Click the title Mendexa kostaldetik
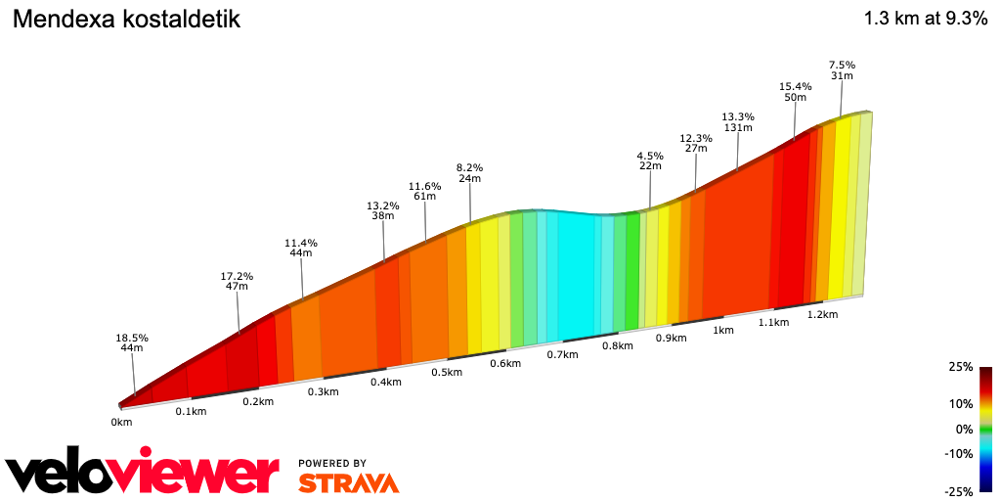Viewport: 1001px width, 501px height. pyautogui.click(x=126, y=20)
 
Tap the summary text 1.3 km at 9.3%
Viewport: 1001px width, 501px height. pyautogui.click(x=925, y=19)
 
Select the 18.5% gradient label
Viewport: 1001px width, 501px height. pyautogui.click(x=132, y=339)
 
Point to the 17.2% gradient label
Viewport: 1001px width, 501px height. pyautogui.click(x=237, y=277)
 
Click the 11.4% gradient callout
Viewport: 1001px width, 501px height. pyautogui.click(x=301, y=243)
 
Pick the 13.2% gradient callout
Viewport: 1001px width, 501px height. pyautogui.click(x=383, y=206)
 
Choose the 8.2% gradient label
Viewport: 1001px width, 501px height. pyautogui.click(x=469, y=167)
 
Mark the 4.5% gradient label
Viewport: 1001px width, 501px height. pyautogui.click(x=650, y=156)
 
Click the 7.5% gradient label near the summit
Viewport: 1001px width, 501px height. pyautogui.click(x=842, y=65)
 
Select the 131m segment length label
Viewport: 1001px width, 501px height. pyautogui.click(x=738, y=128)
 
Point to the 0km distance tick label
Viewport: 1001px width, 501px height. pyautogui.click(x=121, y=422)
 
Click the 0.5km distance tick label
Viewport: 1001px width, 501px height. pyautogui.click(x=447, y=372)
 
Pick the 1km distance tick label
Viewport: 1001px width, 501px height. pyautogui.click(x=723, y=331)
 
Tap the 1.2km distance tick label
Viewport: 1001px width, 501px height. pyautogui.click(x=823, y=314)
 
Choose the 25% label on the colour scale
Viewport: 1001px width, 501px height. pyautogui.click(x=962, y=367)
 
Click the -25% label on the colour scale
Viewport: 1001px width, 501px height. pyautogui.click(x=960, y=491)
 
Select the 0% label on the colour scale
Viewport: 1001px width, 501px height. pyautogui.click(x=965, y=429)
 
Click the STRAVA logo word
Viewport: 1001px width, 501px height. pyautogui.click(x=348, y=482)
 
